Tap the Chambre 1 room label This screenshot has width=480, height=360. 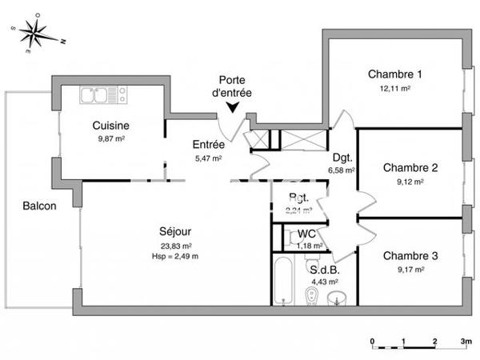(394, 74)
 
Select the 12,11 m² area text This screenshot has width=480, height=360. (394, 88)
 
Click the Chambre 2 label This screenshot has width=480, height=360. (410, 168)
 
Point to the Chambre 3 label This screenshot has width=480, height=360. (410, 256)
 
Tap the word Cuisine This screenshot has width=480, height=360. (111, 126)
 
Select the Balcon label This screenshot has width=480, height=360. (39, 206)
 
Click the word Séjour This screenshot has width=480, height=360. (175, 231)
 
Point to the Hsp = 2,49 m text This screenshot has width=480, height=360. (176, 255)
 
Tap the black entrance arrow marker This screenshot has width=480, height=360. (232, 106)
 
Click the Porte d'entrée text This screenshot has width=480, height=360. (233, 86)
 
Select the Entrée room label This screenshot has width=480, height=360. (208, 145)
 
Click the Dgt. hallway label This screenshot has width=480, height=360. (341, 158)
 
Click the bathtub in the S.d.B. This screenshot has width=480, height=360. (284, 280)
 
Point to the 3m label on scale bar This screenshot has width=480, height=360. (465, 342)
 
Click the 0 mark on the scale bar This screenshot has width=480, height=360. (374, 342)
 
